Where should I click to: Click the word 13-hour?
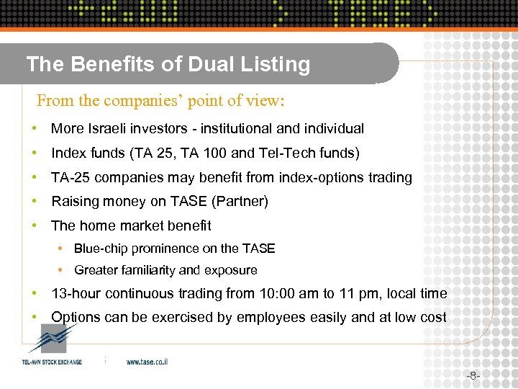coord(76,294)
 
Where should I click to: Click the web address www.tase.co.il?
coord(147,362)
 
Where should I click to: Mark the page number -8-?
coord(473,375)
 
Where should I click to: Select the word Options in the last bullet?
coord(76,318)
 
